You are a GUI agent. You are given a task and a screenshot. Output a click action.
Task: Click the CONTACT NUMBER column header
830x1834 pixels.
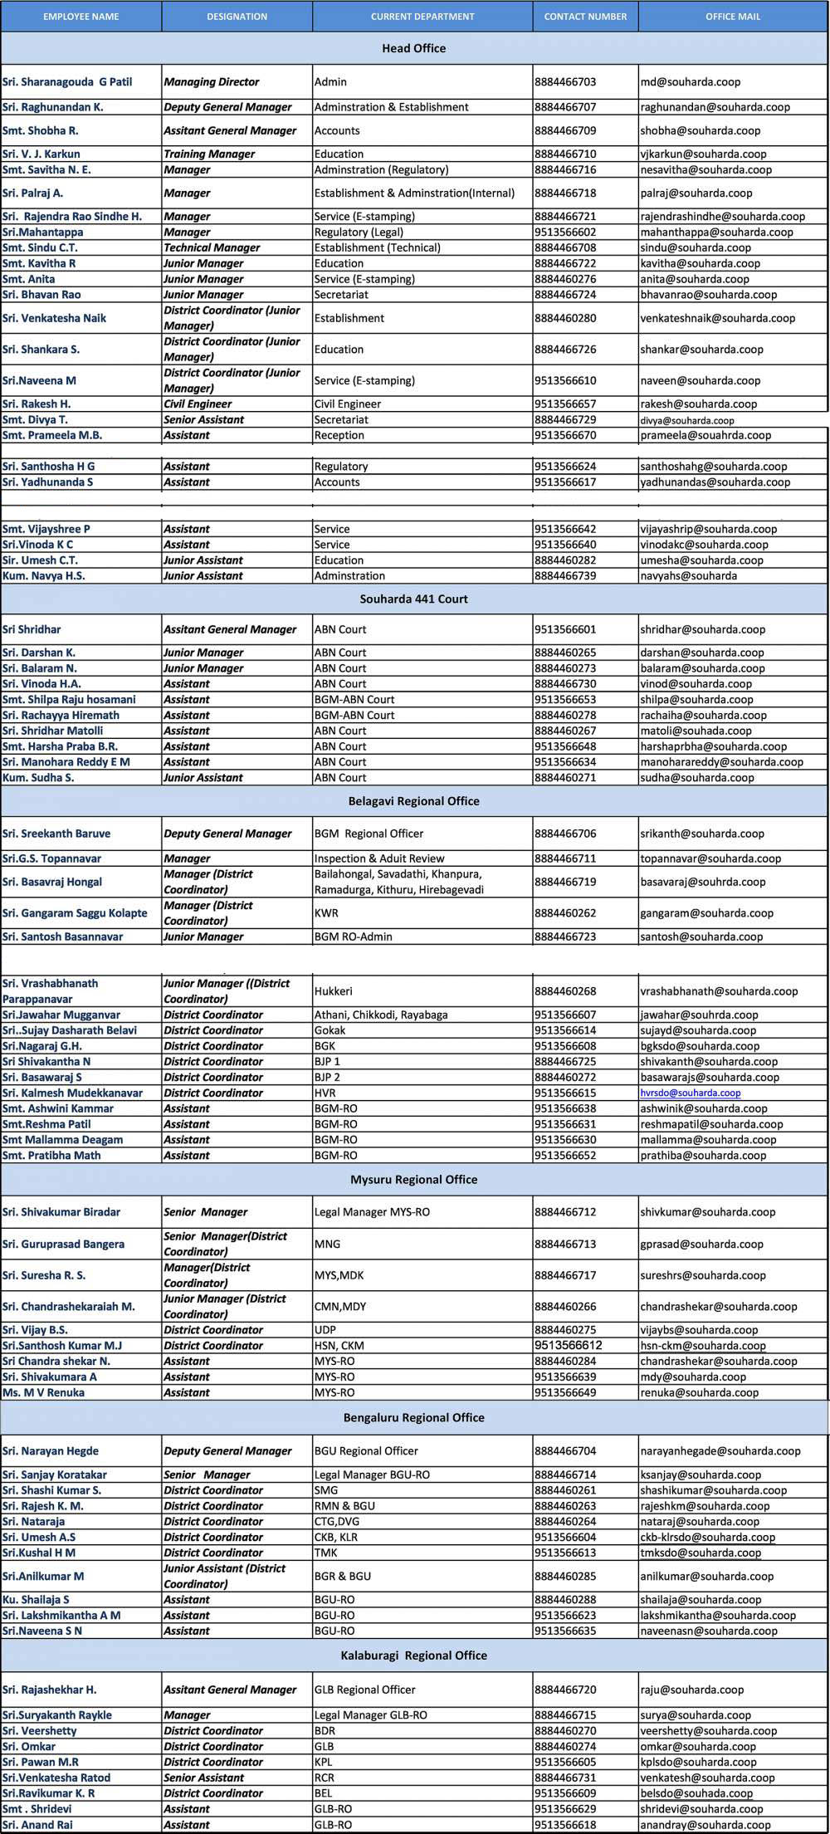585,17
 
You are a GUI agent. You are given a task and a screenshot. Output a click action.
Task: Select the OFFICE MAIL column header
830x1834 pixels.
733,17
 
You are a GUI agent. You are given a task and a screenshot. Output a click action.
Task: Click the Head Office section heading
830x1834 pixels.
413,48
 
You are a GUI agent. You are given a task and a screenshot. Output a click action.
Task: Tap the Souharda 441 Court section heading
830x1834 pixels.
413,599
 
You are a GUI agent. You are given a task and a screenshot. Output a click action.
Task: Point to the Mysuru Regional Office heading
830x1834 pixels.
413,1180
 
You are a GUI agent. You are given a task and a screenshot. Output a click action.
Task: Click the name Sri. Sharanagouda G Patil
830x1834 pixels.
67,82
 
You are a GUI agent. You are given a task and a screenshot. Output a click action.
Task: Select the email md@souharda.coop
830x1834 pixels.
691,82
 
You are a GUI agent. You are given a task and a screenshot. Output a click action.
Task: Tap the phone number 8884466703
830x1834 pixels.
565,82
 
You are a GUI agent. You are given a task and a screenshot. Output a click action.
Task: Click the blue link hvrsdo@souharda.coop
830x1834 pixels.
691,1093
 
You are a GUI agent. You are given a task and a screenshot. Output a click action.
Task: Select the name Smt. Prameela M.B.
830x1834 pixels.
52,435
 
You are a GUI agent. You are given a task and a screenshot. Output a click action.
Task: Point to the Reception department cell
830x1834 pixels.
339,435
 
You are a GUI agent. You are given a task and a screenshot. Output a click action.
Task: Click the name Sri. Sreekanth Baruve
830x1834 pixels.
56,834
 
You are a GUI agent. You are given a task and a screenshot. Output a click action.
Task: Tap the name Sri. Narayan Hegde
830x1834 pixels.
51,1451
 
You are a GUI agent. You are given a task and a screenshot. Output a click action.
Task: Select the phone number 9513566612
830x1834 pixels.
569,1345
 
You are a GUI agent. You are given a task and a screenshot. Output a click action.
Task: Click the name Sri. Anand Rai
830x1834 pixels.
37,1825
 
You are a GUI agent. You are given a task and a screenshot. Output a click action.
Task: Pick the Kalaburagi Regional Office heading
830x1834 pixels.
413,1655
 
